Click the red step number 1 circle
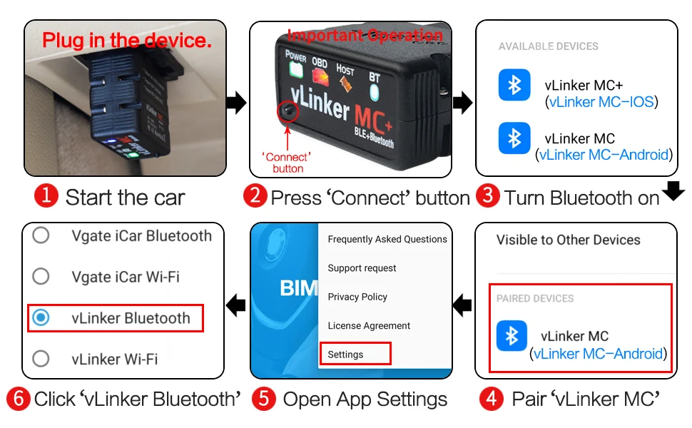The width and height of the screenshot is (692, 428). [x=46, y=196]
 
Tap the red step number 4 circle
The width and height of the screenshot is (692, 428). [x=491, y=399]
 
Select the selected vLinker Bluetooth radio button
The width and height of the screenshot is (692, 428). [x=41, y=318]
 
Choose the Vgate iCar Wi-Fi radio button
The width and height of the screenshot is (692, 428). [x=41, y=276]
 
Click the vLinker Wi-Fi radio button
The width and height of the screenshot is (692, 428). [x=41, y=358]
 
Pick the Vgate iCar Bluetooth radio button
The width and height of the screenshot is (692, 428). [x=41, y=235]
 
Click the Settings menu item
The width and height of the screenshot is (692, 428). [x=346, y=355]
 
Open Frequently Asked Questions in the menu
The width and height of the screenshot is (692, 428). [x=387, y=240]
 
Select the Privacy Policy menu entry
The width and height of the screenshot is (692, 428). [x=357, y=297]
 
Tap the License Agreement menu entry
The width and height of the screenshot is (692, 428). [x=369, y=326]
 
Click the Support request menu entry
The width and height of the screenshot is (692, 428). [x=362, y=268]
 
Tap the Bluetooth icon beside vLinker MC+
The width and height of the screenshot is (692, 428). [x=514, y=86]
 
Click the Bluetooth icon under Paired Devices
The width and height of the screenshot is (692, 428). [x=512, y=336]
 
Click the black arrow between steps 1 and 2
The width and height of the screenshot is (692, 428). [x=236, y=103]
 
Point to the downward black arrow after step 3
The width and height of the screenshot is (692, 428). [x=674, y=190]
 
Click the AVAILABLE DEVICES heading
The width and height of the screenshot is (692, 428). [x=548, y=46]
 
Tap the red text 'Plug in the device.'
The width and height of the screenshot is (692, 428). [x=127, y=40]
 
